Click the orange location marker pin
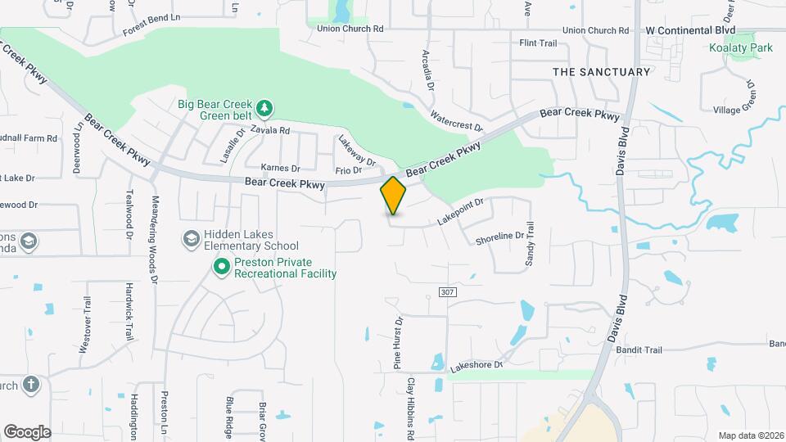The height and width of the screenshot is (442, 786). click(x=393, y=196)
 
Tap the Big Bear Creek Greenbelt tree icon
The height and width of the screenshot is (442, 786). click(x=264, y=107)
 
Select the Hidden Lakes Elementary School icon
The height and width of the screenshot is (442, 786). click(x=192, y=238)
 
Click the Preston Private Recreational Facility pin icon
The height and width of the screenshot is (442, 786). click(x=221, y=266)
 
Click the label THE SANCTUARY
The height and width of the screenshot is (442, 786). click(x=601, y=72)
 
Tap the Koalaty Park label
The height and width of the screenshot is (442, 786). click(x=741, y=48)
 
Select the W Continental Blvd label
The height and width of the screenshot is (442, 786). click(x=690, y=30)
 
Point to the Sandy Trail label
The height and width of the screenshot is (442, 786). click(x=529, y=243)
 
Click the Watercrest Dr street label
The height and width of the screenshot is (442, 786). click(x=456, y=122)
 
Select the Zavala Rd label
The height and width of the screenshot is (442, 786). click(x=270, y=130)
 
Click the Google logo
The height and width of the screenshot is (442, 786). click(x=27, y=431)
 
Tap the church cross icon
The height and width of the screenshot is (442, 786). click(x=30, y=384)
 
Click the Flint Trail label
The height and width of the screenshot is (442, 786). click(x=538, y=43)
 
